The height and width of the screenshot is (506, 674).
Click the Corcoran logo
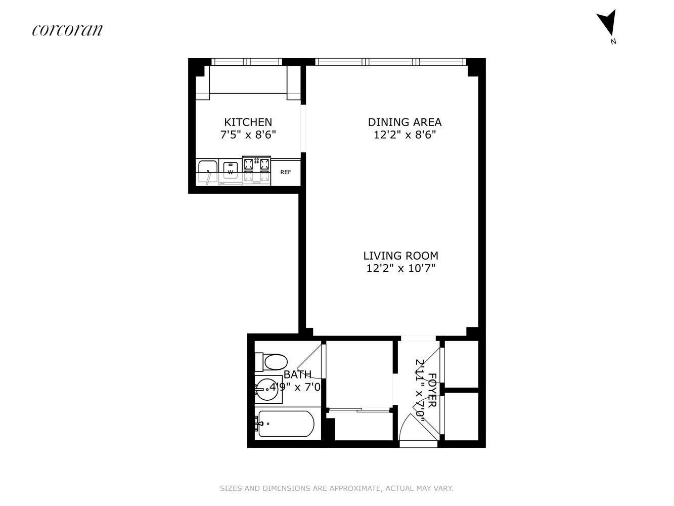67,30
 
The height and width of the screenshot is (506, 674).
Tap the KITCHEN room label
248,122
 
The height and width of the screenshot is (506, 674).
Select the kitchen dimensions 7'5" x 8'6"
248,135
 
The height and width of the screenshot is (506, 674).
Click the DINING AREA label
405,122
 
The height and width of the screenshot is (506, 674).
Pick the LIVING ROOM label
401,256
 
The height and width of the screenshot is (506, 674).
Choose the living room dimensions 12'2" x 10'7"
401,269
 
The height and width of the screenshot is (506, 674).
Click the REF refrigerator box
286,172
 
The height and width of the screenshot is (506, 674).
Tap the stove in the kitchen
256,171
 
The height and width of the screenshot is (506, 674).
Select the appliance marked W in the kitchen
230,170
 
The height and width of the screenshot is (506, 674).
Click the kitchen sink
208,172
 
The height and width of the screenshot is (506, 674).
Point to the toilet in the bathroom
272,362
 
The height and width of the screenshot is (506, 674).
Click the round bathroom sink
267,389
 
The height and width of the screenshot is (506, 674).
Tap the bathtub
286,424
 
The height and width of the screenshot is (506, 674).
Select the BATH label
297,374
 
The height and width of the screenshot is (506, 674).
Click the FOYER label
432,390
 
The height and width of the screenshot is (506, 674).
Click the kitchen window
247,62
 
